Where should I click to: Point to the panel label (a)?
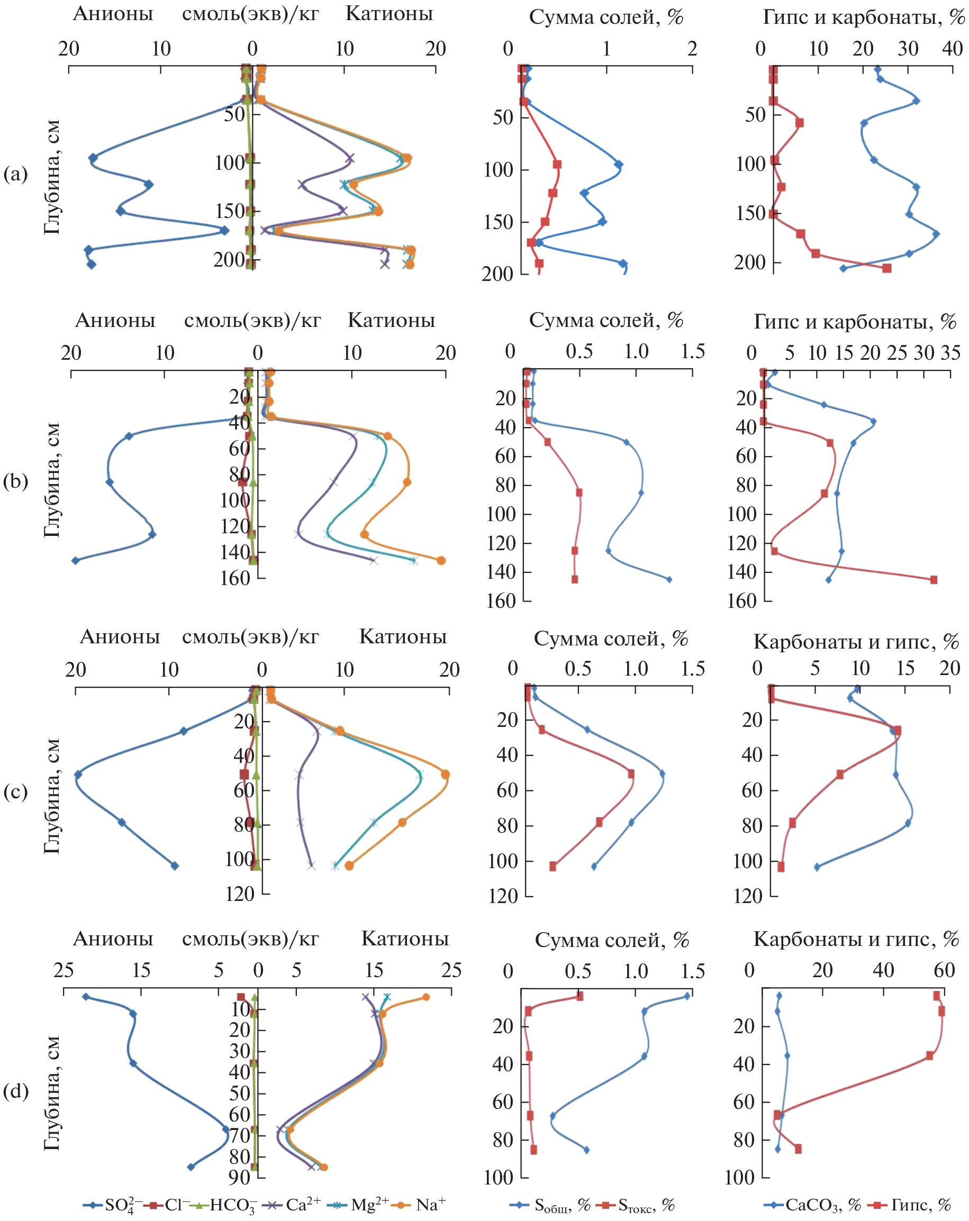(x=15, y=174)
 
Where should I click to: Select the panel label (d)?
(x=15, y=1091)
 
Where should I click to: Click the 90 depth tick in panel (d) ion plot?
(x=240, y=1178)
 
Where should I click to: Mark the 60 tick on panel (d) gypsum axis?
(x=944, y=970)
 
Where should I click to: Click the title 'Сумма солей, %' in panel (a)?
(x=606, y=17)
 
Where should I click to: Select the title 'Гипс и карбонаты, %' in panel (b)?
(x=855, y=322)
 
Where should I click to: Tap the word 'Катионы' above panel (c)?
(x=403, y=636)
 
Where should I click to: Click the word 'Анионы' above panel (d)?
(x=113, y=938)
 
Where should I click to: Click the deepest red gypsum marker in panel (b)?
(x=934, y=580)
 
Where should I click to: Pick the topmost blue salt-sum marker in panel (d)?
(x=687, y=996)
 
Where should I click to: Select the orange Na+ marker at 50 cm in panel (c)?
(x=445, y=774)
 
